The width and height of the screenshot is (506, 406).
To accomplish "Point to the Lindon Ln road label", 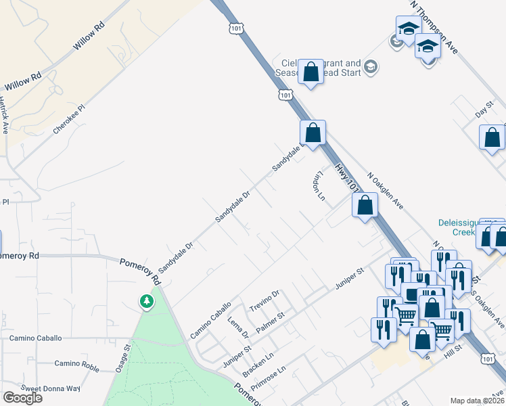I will (x=319, y=185).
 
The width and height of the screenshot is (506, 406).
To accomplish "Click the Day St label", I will (x=485, y=108).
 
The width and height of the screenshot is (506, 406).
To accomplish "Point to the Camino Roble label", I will (x=77, y=364).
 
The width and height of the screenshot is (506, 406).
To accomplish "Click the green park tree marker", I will (x=146, y=301).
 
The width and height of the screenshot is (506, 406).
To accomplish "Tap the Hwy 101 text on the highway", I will (x=346, y=177).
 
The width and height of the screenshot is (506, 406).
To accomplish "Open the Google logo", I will (x=22, y=397).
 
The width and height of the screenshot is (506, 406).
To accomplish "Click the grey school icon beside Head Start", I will (x=370, y=66).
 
